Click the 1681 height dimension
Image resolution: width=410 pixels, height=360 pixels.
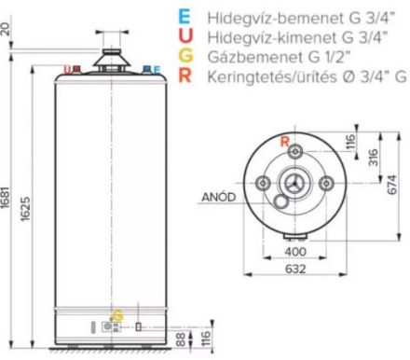point(6,197)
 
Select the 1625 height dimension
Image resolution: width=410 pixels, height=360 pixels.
point(25,209)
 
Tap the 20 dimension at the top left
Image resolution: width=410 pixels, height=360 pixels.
point(6,31)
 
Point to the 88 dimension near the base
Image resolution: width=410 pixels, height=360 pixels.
point(181,339)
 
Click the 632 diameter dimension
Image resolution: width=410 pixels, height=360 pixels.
point(295,269)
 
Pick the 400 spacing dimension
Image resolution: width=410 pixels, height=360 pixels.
point(295,252)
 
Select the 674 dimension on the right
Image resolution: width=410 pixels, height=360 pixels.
point(392,185)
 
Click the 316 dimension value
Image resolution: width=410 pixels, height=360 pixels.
point(374,158)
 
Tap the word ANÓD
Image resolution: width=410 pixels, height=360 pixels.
point(219,197)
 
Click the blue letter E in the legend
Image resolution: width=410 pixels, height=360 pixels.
point(184,17)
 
